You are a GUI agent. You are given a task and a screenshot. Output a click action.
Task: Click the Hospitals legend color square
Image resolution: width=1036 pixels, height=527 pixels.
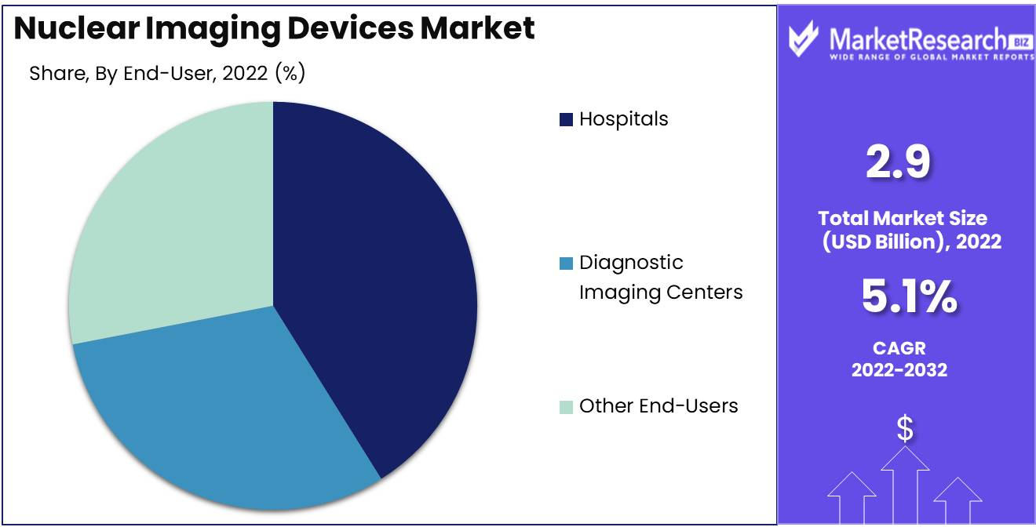(x=566, y=120)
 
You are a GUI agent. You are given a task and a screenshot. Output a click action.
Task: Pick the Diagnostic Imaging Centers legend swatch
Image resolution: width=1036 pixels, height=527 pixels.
(x=566, y=264)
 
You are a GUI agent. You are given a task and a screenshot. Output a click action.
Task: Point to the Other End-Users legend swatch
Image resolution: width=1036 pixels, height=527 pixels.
(x=566, y=407)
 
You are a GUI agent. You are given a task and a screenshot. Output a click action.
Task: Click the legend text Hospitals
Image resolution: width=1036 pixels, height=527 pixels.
(x=624, y=119)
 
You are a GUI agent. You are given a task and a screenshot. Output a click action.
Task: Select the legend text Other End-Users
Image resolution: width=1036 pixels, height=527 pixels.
(x=658, y=406)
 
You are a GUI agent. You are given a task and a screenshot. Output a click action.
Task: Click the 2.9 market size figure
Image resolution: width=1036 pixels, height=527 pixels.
(x=899, y=162)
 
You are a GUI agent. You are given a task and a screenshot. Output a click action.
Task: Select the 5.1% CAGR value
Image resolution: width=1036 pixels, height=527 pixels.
(x=909, y=297)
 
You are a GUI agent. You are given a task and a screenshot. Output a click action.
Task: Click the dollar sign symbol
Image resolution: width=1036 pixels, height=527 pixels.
(x=905, y=428)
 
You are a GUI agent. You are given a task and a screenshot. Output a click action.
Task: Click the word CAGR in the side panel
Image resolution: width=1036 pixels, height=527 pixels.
(x=899, y=347)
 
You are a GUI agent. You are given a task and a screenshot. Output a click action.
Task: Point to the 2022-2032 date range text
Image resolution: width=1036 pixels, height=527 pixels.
(x=899, y=369)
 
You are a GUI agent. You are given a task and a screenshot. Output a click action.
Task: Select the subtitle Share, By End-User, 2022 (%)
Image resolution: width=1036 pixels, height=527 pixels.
(x=167, y=74)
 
